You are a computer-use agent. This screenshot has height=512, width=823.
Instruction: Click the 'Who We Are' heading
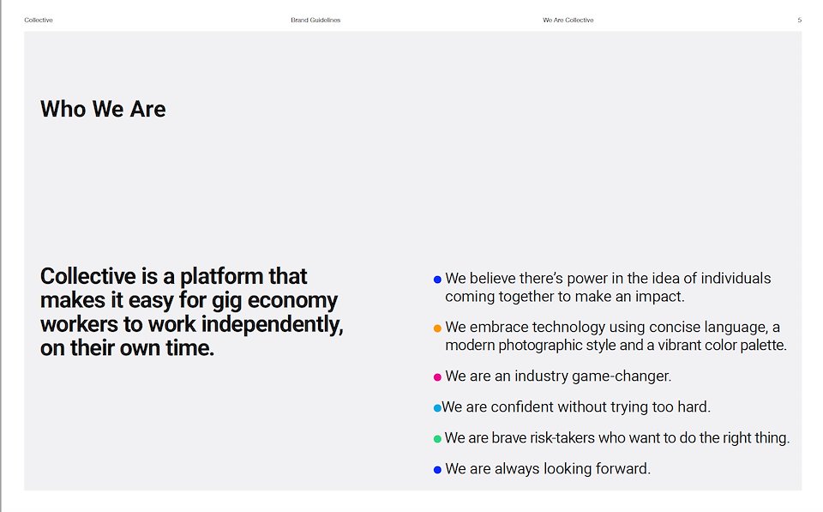[103, 109]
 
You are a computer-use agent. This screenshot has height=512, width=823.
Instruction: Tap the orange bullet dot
[437, 328]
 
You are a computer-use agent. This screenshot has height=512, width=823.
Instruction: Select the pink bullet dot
[437, 377]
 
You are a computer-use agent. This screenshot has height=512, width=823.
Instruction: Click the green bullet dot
[437, 439]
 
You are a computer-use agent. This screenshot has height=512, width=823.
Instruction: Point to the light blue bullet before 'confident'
[437, 408]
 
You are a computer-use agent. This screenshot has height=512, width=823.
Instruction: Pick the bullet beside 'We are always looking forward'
[437, 470]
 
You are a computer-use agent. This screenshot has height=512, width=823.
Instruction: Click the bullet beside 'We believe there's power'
[437, 280]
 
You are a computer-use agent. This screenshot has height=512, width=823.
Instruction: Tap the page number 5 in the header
[799, 20]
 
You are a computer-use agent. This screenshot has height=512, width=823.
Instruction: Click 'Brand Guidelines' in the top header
[315, 20]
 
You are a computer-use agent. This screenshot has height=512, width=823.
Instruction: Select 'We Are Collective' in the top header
[568, 20]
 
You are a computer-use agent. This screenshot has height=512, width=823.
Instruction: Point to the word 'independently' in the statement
[272, 324]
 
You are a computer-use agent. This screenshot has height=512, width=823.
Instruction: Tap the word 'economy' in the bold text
[292, 301]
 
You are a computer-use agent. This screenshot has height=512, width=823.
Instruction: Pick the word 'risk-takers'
[562, 438]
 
